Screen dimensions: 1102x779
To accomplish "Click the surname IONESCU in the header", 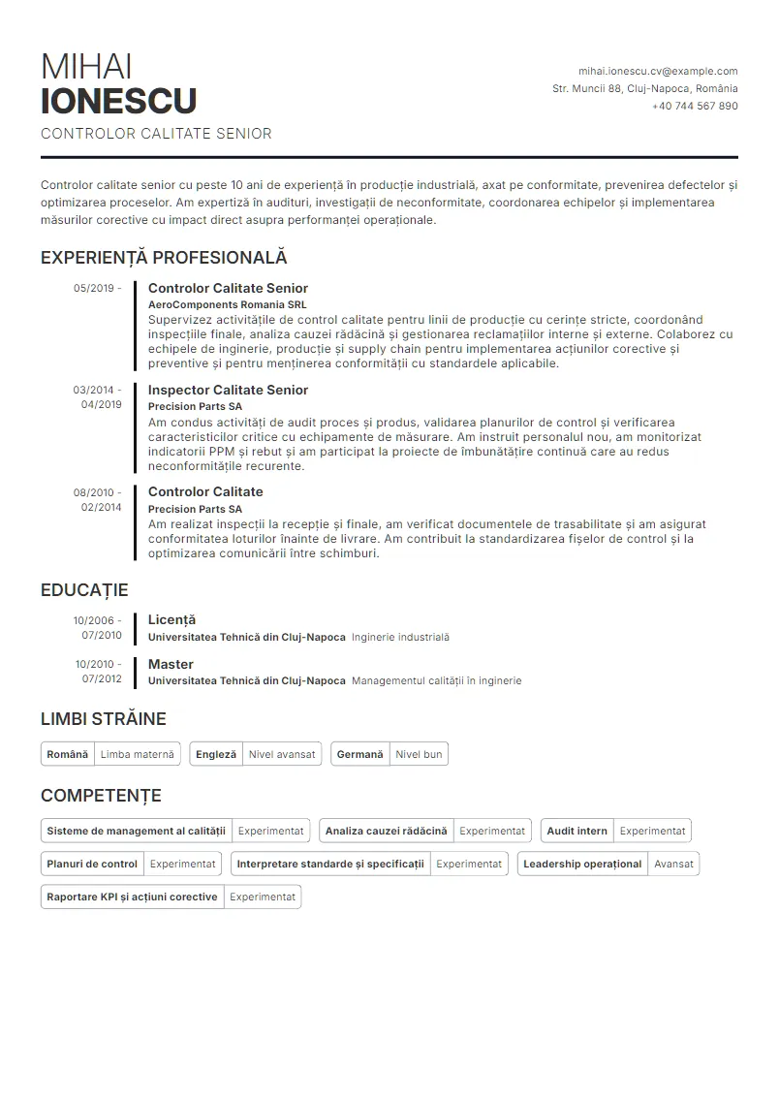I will (x=119, y=101).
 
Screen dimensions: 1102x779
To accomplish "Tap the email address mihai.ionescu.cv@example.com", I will (x=658, y=71).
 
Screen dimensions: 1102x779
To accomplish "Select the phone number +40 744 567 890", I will (x=695, y=106).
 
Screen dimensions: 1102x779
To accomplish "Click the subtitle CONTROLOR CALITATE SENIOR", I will (x=156, y=134).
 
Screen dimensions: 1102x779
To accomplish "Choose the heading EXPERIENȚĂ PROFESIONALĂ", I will (x=164, y=258).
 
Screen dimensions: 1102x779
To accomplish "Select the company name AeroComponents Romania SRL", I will (x=227, y=304).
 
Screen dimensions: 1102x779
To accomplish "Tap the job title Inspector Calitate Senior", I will (x=228, y=390).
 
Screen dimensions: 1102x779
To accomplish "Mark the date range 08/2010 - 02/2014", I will (x=97, y=499).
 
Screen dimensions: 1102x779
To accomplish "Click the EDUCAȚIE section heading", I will (x=84, y=590).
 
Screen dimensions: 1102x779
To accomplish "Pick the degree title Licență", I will (x=171, y=619).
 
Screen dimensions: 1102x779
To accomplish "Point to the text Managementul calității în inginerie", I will (x=436, y=681).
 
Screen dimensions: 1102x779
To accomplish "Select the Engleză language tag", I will (x=215, y=754).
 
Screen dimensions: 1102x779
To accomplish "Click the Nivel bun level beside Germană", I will (x=419, y=754).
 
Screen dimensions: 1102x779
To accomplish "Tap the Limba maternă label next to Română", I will (x=138, y=754).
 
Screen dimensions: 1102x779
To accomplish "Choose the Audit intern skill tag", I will (x=576, y=831).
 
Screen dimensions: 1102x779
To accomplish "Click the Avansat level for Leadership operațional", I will (x=673, y=864).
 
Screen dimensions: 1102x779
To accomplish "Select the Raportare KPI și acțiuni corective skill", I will (x=132, y=897).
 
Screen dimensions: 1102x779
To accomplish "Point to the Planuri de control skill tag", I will (x=92, y=864).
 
